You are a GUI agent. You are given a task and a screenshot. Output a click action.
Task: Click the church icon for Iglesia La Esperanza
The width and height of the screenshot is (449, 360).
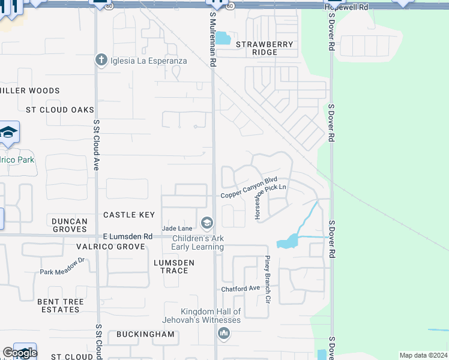pos(101,60)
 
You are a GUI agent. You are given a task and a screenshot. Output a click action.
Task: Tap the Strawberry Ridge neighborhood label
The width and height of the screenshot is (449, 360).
pos(265,48)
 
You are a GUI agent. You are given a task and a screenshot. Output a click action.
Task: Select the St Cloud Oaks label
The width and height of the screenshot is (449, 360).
pos(60,110)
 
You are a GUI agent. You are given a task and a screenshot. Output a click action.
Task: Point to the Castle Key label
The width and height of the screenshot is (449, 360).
pos(129,215)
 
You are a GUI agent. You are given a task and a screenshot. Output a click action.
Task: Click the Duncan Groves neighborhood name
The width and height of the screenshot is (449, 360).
pos(69,225)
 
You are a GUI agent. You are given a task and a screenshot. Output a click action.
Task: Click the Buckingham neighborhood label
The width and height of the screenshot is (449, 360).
pos(145,334)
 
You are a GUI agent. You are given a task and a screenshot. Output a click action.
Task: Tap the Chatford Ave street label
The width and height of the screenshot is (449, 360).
pos(240,289)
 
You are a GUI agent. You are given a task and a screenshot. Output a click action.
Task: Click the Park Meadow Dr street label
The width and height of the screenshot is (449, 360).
pos(62,268)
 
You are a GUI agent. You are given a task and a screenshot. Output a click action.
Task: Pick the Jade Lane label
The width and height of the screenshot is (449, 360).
pos(177,228)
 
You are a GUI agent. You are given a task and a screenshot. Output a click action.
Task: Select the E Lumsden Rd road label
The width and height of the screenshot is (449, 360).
pos(127,237)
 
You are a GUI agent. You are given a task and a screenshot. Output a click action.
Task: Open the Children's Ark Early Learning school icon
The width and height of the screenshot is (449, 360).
pos(207,224)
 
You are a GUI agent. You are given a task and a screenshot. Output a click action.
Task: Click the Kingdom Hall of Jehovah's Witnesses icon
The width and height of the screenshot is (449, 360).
pos(224,333)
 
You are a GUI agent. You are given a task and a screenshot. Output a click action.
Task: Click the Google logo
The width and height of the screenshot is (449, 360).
pos(20,353)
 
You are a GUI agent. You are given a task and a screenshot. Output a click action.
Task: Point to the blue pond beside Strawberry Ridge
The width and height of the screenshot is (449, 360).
pos(223,38)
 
